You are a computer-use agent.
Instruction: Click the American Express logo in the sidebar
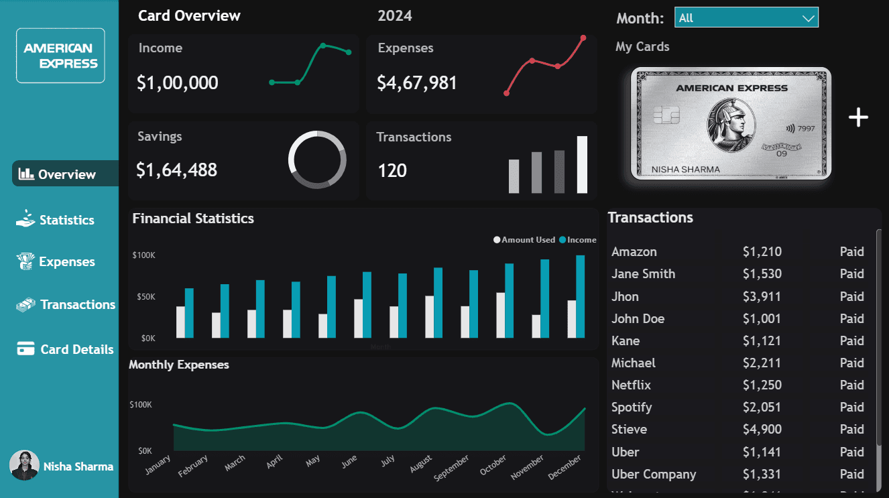tap(60, 56)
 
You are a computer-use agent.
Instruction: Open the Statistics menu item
tap(66, 220)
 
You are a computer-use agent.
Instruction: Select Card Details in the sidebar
tap(76, 349)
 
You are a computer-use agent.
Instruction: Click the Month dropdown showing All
tap(746, 18)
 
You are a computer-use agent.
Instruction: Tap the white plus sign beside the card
tap(858, 118)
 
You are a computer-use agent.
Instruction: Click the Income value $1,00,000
tap(177, 83)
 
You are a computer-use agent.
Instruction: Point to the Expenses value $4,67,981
tap(416, 83)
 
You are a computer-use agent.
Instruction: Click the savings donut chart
tap(317, 160)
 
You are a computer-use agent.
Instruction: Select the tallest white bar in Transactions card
tap(582, 164)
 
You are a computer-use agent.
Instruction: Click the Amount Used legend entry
tap(528, 240)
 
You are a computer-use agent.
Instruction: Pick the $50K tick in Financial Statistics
tap(143, 297)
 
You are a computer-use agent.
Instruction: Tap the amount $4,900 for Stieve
tap(762, 430)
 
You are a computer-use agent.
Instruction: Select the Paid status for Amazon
tap(851, 252)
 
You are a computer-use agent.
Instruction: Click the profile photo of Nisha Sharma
tap(24, 465)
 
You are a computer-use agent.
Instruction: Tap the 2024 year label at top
tap(395, 15)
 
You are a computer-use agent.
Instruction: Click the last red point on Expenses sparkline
tap(583, 38)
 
